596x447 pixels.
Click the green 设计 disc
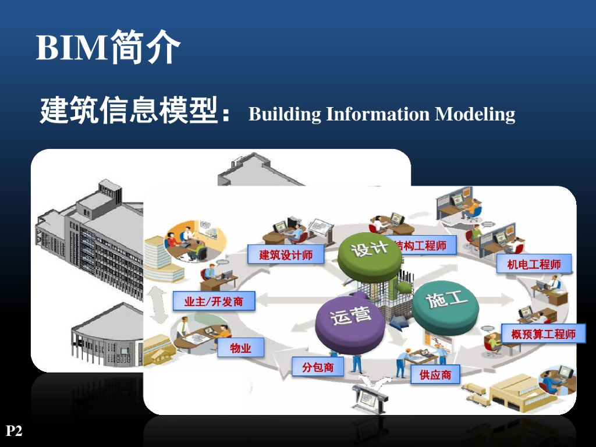368,251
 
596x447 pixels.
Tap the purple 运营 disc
350,320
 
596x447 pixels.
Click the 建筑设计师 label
286,254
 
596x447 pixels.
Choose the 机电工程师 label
534,264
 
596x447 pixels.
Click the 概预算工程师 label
543,334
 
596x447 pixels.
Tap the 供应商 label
435,375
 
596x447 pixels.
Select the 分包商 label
318,367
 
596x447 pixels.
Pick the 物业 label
240,348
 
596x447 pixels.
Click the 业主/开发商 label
214,301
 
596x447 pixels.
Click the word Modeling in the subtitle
475,113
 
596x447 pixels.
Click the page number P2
14,431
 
